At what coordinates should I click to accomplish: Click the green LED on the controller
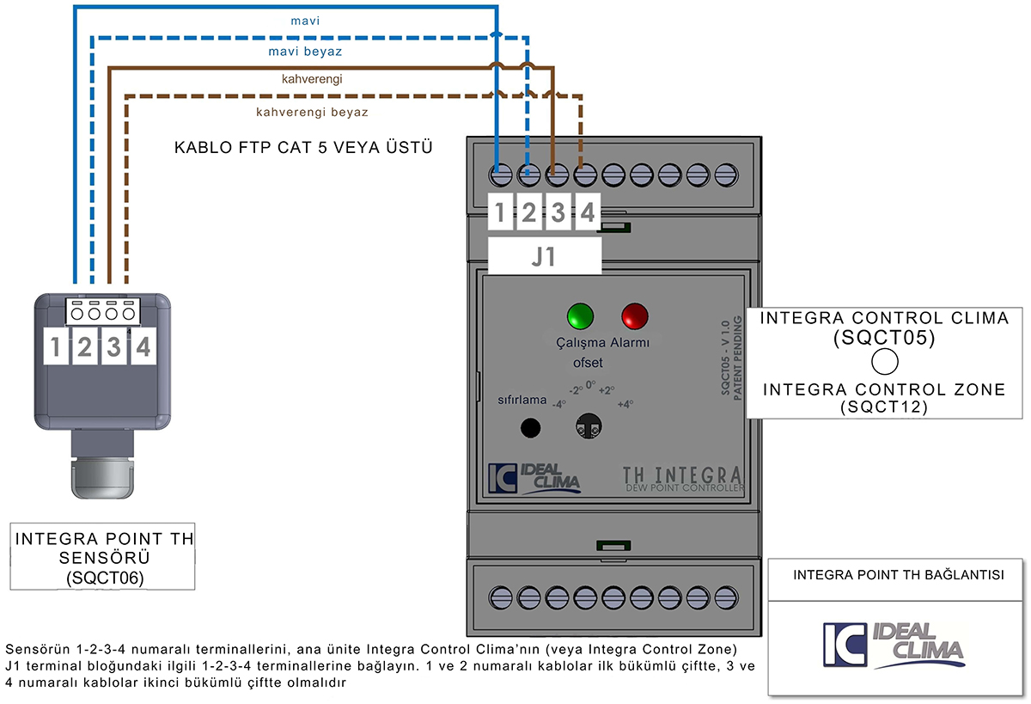(x=580, y=315)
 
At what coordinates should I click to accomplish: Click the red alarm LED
(x=636, y=315)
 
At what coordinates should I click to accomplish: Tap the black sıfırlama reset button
(x=532, y=427)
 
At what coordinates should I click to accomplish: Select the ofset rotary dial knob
(x=589, y=425)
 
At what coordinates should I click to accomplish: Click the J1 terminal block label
(x=544, y=256)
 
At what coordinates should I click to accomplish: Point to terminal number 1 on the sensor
(x=55, y=347)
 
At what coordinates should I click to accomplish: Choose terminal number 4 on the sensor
(x=143, y=347)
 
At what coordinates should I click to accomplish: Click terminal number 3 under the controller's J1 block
(x=558, y=212)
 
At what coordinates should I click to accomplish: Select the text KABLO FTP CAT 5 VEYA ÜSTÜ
(x=303, y=148)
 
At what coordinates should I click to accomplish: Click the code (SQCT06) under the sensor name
(x=104, y=579)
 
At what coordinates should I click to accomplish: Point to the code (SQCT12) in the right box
(x=884, y=407)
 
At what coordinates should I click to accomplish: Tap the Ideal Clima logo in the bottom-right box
(x=893, y=645)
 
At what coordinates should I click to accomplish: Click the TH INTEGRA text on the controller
(x=682, y=475)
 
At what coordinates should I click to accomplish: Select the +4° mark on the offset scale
(x=625, y=403)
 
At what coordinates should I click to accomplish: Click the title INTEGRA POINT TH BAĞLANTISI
(x=898, y=575)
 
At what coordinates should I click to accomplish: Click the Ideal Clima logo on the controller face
(x=534, y=479)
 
